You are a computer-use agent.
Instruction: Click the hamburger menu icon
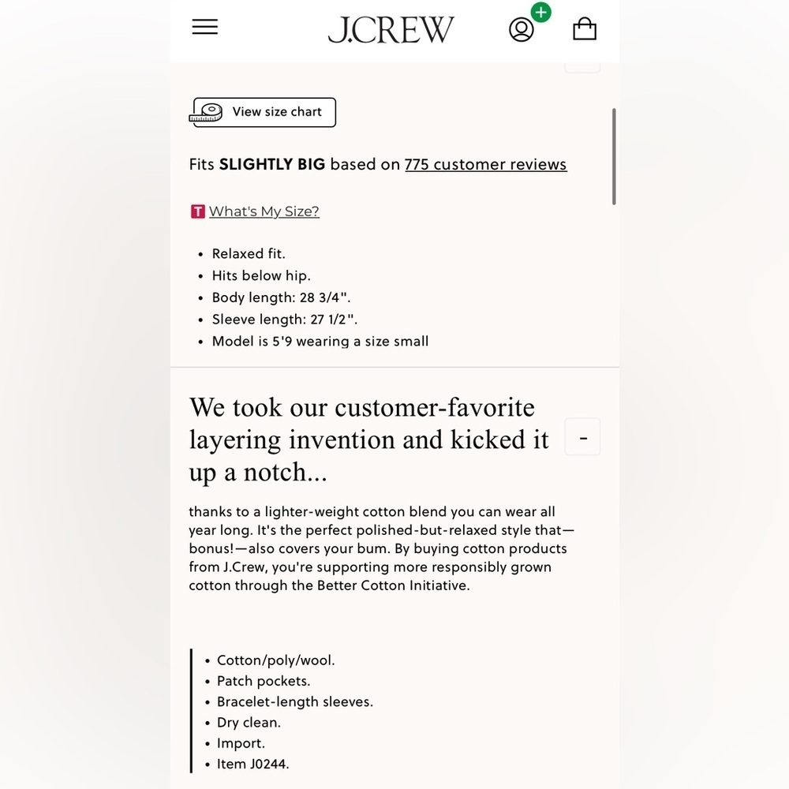click(205, 27)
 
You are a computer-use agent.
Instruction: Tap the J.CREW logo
click(391, 29)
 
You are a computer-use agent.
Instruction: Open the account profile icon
click(521, 30)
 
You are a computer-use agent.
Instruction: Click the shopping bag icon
click(585, 29)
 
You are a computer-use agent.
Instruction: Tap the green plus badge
click(540, 13)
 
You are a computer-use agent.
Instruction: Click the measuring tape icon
click(207, 113)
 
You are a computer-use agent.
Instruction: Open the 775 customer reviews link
click(485, 164)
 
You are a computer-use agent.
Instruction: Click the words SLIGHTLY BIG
click(272, 164)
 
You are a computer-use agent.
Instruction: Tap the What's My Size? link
click(264, 211)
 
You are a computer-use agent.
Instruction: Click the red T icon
click(197, 211)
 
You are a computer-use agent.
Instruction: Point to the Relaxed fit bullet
click(249, 254)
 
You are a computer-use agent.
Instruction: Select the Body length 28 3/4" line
click(281, 297)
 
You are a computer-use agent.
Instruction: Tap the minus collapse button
click(583, 437)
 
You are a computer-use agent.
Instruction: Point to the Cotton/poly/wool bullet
click(275, 660)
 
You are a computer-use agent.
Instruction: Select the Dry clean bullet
click(249, 723)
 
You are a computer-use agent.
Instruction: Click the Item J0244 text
click(252, 764)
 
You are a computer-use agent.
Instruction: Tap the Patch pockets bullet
click(264, 681)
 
